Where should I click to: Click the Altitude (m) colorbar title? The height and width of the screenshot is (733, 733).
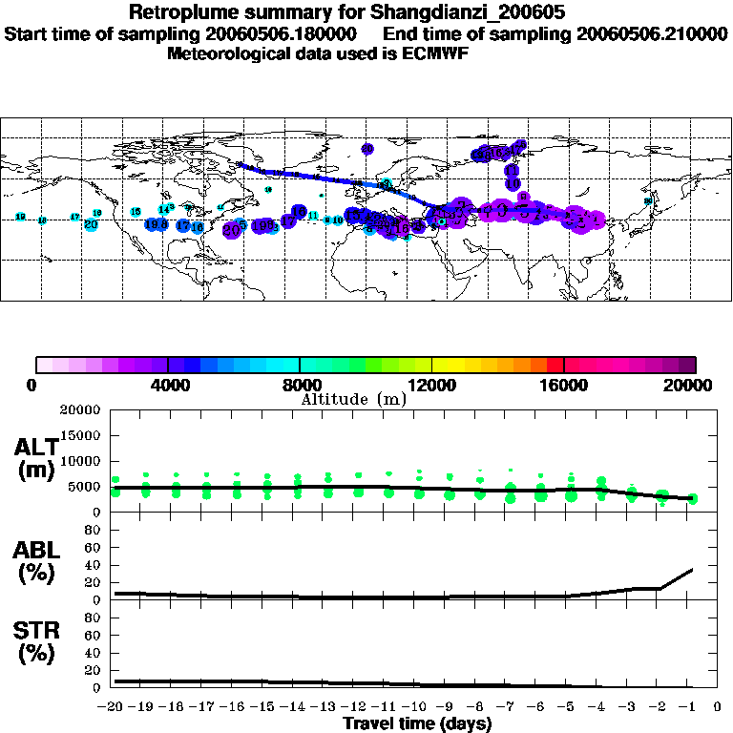coord(353,398)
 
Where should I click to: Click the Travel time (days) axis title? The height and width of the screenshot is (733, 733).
coord(418,724)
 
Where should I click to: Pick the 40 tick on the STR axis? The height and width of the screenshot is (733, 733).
coord(94,653)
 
